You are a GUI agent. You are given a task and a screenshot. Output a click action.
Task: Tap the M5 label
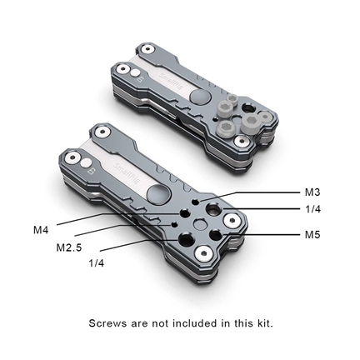(x=312, y=235)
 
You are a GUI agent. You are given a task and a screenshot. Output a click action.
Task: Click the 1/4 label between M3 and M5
(x=312, y=208)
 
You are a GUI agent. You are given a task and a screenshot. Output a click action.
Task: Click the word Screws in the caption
(x=109, y=322)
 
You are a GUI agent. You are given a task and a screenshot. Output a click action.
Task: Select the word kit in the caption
(x=262, y=322)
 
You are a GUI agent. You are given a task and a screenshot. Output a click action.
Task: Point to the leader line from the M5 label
(x=267, y=234)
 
